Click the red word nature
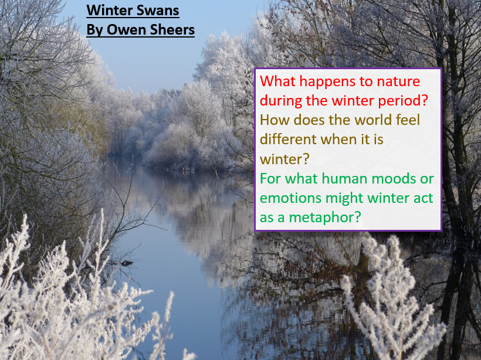coord(398,81)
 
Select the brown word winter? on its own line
coord(284,159)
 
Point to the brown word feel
coord(407,120)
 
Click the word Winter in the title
coord(110,11)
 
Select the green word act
coord(423,198)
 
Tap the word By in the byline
coord(95,30)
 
